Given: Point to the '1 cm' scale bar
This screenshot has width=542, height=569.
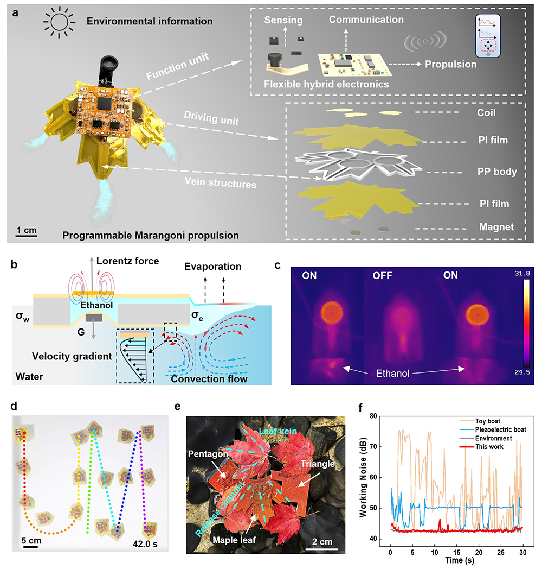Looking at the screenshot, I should (x=26, y=230).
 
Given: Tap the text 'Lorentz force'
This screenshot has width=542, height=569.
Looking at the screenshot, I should (x=128, y=261).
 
